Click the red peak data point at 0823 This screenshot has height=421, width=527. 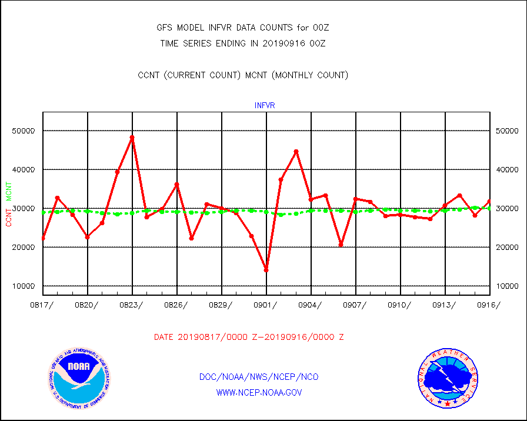point(132,138)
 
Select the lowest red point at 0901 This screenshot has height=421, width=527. point(266,270)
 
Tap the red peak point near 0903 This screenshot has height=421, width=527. point(296,152)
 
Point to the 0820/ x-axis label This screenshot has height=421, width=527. point(88,305)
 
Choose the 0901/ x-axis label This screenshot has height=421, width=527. point(266,305)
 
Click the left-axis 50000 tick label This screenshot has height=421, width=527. point(24,131)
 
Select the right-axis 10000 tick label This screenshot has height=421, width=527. point(506,286)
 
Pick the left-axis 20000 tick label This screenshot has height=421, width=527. point(24,248)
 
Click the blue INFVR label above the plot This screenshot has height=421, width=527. point(265,106)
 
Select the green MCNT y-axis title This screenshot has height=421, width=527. point(9,191)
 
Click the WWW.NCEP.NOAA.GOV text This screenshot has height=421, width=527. point(259,392)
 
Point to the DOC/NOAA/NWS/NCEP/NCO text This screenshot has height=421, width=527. point(259,377)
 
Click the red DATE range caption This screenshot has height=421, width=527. point(249,338)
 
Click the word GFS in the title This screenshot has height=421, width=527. point(164,28)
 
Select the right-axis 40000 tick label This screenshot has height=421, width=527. point(506,169)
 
